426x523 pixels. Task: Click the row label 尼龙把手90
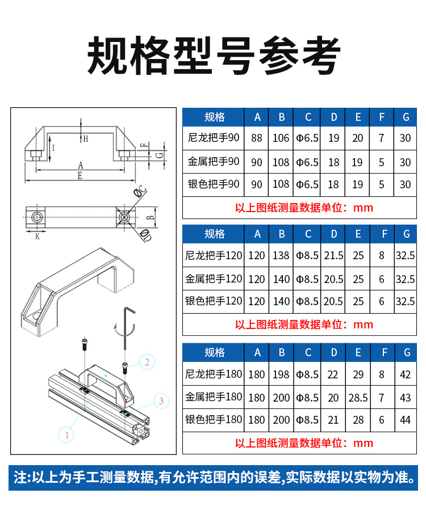214,138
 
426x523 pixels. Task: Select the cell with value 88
257,138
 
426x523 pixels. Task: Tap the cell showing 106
281,138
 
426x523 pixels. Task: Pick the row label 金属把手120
214,279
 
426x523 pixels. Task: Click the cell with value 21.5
334,256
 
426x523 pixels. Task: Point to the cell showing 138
281,256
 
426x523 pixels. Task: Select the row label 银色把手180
214,420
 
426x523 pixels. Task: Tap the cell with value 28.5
358,397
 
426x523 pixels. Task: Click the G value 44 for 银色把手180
405,420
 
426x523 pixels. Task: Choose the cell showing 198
281,374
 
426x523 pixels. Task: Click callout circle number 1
67,435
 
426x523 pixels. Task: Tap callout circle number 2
147,361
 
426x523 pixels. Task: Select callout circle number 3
161,401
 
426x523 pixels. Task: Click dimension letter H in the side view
86,139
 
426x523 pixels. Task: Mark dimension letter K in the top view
37,236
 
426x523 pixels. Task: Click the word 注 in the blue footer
20,477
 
